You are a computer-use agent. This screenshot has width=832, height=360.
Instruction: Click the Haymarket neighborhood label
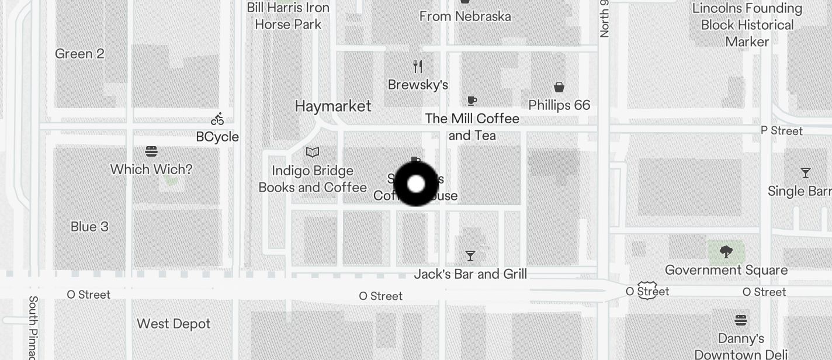coord(333,106)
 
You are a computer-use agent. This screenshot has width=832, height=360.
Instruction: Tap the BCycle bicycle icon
coord(217,119)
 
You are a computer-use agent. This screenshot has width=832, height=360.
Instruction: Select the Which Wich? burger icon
coord(151,152)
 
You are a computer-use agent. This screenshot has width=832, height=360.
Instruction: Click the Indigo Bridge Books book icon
coord(313,153)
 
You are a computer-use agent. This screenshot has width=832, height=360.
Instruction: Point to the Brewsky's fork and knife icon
coord(418,66)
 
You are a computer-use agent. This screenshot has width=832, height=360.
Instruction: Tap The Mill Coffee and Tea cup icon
coord(472,101)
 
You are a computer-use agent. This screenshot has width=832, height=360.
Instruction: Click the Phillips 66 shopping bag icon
coord(559,87)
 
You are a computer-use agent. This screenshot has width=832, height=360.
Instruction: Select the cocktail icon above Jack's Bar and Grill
coord(470,256)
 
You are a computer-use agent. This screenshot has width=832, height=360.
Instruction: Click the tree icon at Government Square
coord(726,252)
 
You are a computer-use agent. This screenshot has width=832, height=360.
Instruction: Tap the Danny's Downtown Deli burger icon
coord(741,320)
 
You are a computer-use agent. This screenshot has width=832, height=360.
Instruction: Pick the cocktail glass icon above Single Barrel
coord(806,173)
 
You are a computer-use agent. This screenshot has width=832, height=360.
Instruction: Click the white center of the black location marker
coord(416,184)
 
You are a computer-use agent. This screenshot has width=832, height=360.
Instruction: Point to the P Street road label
coord(782,131)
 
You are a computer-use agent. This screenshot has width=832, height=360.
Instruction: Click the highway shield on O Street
coord(647,290)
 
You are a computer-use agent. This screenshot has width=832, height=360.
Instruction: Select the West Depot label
coord(174,324)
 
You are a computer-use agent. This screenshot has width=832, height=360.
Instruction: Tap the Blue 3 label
coord(89,227)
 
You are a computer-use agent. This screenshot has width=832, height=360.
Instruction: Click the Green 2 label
coord(79,54)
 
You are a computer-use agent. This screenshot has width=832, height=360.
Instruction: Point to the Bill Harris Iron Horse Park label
coord(289,16)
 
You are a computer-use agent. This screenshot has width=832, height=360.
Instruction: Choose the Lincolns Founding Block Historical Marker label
coord(747,25)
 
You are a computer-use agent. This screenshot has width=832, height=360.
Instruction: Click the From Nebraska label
coord(465,16)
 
